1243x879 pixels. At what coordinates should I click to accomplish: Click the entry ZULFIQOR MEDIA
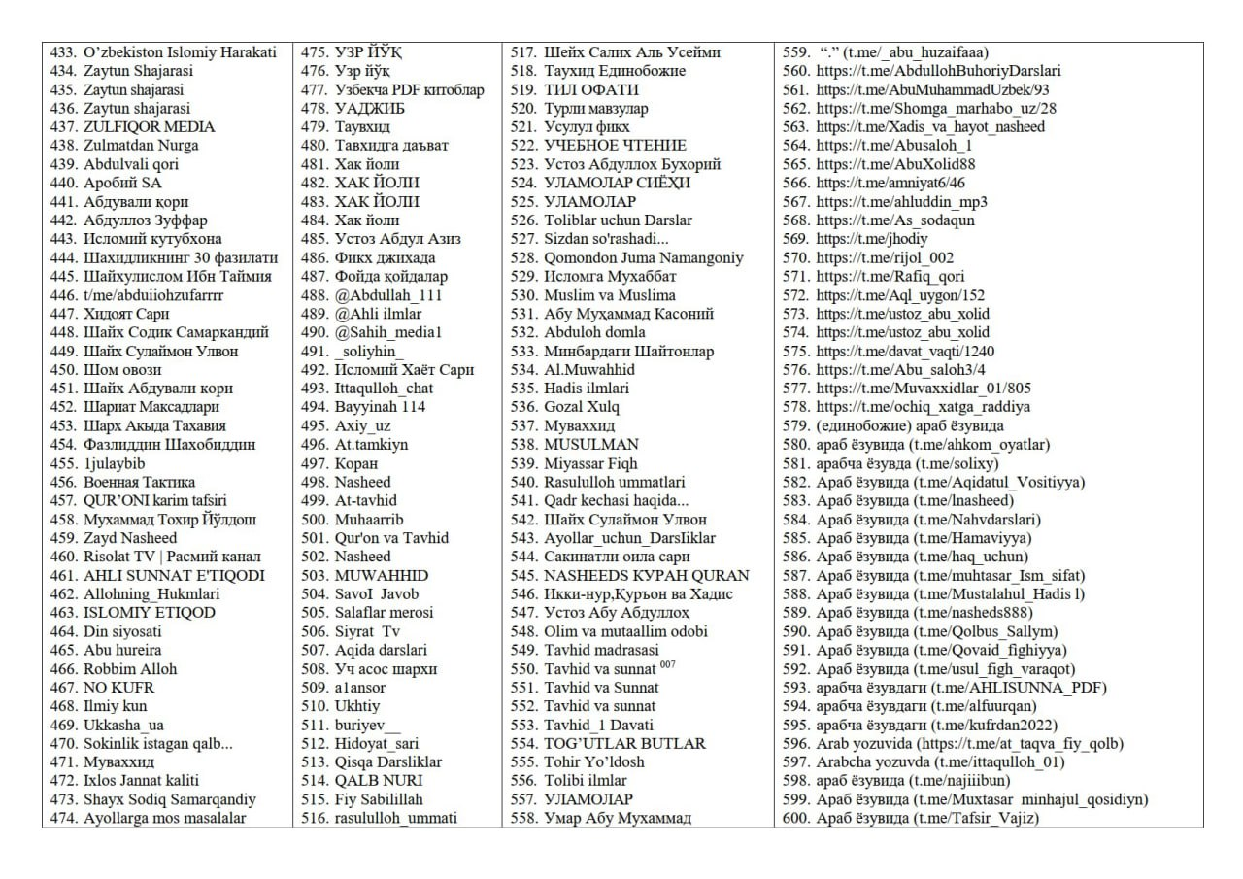[149, 127]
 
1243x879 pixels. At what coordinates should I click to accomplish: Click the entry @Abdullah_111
[388, 295]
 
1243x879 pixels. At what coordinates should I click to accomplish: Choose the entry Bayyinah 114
[380, 407]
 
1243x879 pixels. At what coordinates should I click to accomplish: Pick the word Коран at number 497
[356, 463]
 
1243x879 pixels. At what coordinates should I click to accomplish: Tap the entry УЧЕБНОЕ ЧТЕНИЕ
[615, 146]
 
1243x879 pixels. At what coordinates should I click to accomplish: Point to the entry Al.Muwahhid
[589, 370]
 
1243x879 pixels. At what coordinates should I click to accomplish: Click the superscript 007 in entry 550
[666, 665]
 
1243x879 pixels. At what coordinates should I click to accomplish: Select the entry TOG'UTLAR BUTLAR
[624, 744]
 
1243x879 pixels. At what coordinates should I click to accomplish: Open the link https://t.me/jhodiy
[871, 239]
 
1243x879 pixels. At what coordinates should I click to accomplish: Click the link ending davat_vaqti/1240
[904, 352]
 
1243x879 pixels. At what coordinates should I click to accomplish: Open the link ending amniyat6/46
[890, 183]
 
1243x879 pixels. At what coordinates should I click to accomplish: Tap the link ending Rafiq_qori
[890, 277]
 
